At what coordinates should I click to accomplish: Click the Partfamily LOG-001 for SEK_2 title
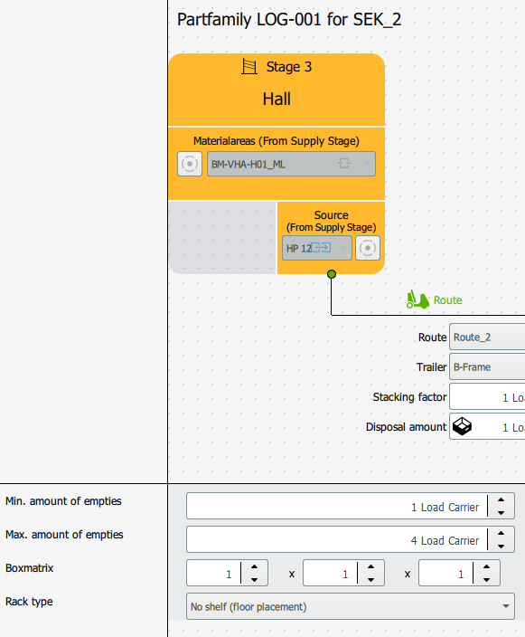[289, 20]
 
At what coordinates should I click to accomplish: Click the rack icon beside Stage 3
[249, 66]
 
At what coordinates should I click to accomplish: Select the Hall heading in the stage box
[277, 99]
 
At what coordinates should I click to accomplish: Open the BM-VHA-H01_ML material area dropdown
[291, 164]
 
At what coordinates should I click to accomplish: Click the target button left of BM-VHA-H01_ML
[190, 164]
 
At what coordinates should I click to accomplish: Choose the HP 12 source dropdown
[317, 248]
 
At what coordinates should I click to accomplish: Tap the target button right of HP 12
[368, 248]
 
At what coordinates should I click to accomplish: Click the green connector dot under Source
[332, 274]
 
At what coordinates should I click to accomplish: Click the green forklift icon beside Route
[417, 299]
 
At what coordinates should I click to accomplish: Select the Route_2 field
[487, 337]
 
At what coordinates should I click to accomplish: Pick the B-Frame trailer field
[487, 366]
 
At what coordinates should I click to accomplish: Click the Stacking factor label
[409, 397]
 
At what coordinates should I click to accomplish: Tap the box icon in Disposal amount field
[462, 426]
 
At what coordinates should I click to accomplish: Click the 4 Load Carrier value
[445, 541]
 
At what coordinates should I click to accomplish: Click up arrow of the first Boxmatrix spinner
[255, 566]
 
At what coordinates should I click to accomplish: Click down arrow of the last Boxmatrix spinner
[486, 580]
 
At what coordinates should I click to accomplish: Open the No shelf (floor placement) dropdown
[351, 606]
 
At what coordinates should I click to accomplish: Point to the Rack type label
[29, 602]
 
